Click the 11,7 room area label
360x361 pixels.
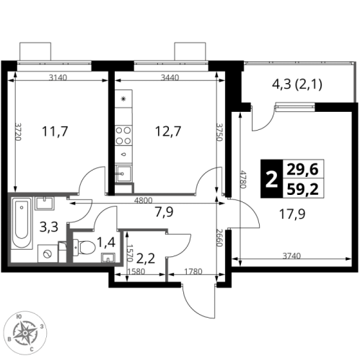pyautogui.click(x=55, y=131)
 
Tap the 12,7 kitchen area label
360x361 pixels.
pyautogui.click(x=168, y=131)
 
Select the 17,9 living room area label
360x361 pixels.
pyautogui.click(x=292, y=214)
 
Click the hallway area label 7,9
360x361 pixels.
pyautogui.click(x=164, y=212)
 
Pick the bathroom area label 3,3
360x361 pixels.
pyautogui.click(x=49, y=227)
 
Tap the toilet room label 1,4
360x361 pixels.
pyautogui.click(x=106, y=242)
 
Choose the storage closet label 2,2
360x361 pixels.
pyautogui.click(x=146, y=259)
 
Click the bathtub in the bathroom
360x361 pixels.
pyautogui.click(x=22, y=223)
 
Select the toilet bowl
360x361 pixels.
pyautogui.click(x=84, y=247)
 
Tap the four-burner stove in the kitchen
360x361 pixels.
pyautogui.click(x=123, y=136)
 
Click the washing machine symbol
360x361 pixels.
pyautogui.click(x=48, y=253)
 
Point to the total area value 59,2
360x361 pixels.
pyautogui.click(x=303, y=189)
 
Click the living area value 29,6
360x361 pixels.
pyautogui.click(x=303, y=170)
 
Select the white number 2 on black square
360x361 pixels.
pyautogui.click(x=272, y=179)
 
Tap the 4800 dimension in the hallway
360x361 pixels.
pyautogui.click(x=143, y=200)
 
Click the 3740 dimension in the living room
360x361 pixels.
pyautogui.click(x=291, y=256)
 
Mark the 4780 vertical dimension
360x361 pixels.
pyautogui.click(x=244, y=180)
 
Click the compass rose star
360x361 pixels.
pyautogui.click(x=25, y=333)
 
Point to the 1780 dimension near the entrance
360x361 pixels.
pyautogui.click(x=193, y=271)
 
